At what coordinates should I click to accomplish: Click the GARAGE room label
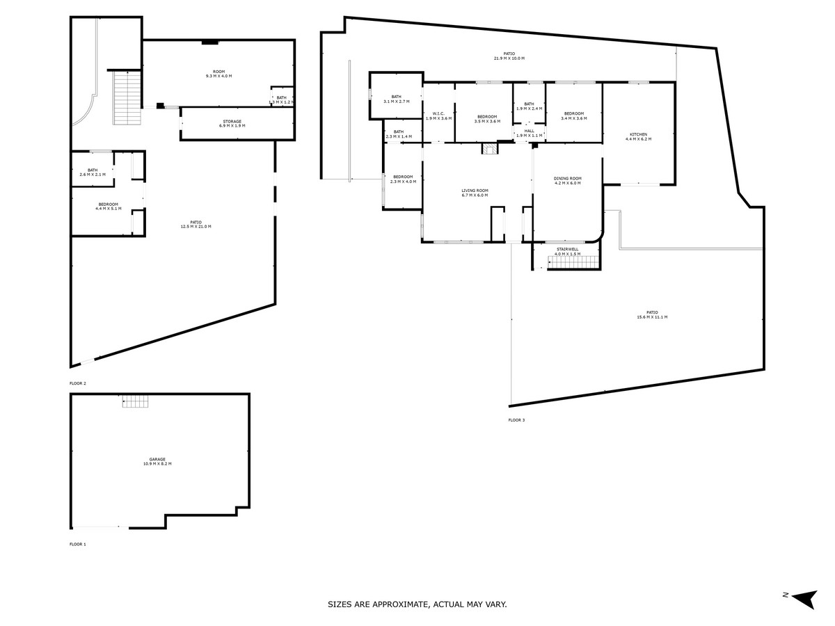click(x=157, y=459)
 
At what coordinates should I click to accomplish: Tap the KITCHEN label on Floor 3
click(x=638, y=134)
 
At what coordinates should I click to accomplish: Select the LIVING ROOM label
click(x=475, y=191)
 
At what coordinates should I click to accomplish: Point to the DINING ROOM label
click(x=567, y=179)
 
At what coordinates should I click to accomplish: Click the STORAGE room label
click(x=232, y=121)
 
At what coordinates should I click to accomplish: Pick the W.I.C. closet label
click(x=438, y=113)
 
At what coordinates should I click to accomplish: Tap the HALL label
click(x=529, y=130)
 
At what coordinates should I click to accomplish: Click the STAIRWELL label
click(x=567, y=249)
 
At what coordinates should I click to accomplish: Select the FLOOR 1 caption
click(x=78, y=544)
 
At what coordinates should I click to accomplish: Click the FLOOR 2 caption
click(x=78, y=383)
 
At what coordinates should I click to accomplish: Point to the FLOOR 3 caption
click(x=516, y=420)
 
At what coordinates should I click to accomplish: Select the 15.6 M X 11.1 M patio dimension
click(x=651, y=317)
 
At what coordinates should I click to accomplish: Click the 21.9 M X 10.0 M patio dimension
click(x=509, y=58)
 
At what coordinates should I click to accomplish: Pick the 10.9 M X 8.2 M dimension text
click(x=157, y=463)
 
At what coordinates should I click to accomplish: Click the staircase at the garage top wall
click(x=136, y=401)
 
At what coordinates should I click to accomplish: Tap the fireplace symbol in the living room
click(x=490, y=148)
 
